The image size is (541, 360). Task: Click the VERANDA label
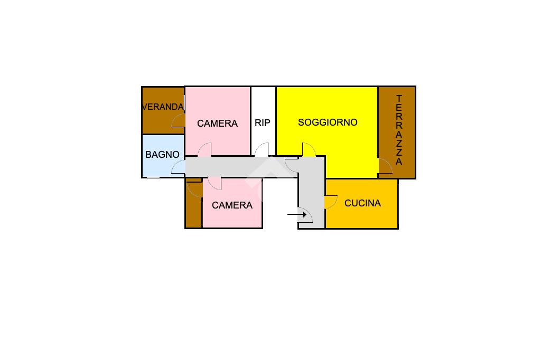coord(163,107)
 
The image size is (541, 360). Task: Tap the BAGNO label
coord(162,155)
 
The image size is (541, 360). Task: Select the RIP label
coord(263,123)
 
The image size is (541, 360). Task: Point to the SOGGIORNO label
coord(328,122)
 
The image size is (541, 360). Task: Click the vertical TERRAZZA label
coord(399,130)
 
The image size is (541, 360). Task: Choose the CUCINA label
coord(362,203)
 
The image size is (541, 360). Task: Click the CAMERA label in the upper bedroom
coord(217,124)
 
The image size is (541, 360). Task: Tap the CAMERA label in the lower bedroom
coord(232,205)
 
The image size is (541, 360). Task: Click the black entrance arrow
coord(296,214)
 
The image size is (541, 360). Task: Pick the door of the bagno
coord(179,167)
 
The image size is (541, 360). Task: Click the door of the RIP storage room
coord(262,150)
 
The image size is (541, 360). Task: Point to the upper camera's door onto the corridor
coord(204,150)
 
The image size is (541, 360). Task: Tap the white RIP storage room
coord(263,106)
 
